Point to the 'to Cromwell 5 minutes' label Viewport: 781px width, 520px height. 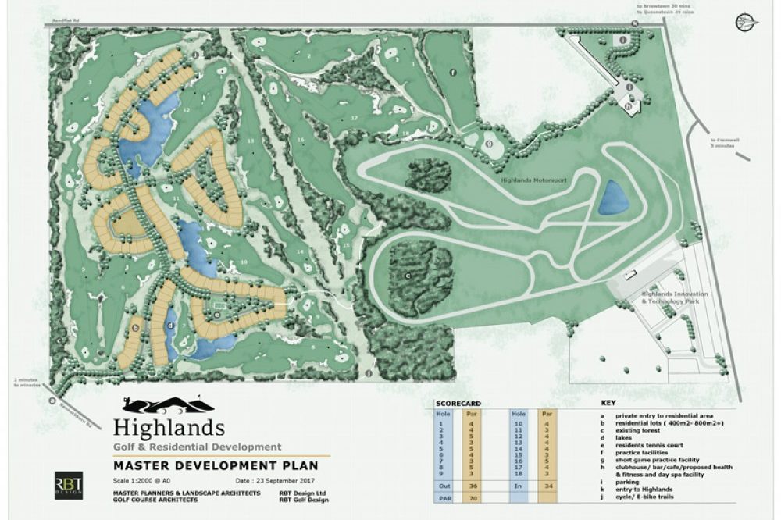click(x=725, y=141)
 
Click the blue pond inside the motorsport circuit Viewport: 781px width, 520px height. click(x=613, y=198)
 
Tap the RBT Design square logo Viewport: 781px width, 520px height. click(x=67, y=486)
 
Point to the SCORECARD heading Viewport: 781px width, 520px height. click(x=458, y=403)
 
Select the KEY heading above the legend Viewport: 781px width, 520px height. click(x=608, y=403)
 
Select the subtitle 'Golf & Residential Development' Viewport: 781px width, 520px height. click(x=197, y=447)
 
